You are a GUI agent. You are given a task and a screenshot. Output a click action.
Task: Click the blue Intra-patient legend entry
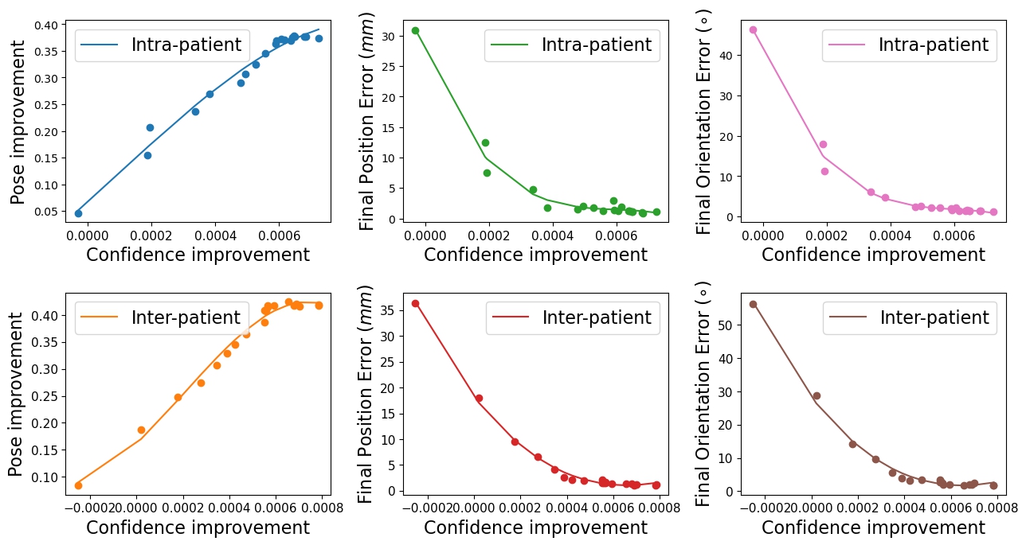tap(163, 45)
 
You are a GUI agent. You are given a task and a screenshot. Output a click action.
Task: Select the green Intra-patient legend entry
tap(572, 45)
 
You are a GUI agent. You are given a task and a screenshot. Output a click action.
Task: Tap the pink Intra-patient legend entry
tap(910, 45)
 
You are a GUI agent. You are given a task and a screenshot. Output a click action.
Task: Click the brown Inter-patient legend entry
tap(910, 318)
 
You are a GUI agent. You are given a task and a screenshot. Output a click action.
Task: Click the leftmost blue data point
tap(78, 213)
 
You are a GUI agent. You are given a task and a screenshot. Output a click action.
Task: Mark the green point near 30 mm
tap(415, 30)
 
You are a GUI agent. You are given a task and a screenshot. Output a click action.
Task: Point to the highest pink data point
tap(753, 30)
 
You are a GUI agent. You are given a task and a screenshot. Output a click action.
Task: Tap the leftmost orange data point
tap(78, 485)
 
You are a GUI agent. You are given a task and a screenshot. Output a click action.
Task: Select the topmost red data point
tap(415, 303)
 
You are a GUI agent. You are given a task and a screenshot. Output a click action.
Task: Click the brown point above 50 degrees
tap(753, 304)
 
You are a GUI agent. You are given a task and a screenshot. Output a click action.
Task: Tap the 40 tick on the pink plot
tap(726, 55)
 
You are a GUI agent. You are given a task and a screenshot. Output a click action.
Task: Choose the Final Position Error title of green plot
tap(367, 122)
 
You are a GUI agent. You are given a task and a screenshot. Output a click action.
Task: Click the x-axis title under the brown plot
tap(873, 527)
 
